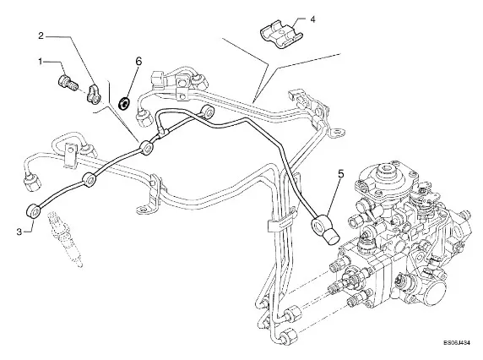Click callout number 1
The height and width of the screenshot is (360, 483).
(x=40, y=62)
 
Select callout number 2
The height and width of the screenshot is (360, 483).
(x=41, y=36)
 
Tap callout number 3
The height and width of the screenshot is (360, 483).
(x=19, y=232)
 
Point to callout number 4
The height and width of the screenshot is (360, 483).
(x=312, y=19)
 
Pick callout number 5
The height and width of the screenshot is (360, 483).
(x=340, y=174)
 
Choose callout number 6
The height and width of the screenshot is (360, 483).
(x=138, y=62)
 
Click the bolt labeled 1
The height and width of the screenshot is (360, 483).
(x=68, y=82)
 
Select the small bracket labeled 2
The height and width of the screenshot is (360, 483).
(x=92, y=95)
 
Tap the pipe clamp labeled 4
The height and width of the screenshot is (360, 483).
(x=281, y=35)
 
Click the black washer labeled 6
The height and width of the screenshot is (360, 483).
(x=125, y=102)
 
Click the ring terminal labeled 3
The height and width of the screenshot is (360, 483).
(x=32, y=211)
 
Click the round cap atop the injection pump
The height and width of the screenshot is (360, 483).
(x=386, y=172)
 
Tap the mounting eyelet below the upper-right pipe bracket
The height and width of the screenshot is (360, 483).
(x=338, y=133)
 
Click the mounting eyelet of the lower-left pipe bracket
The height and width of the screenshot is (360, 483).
(x=143, y=210)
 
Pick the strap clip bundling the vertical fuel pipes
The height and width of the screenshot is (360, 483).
(x=281, y=223)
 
